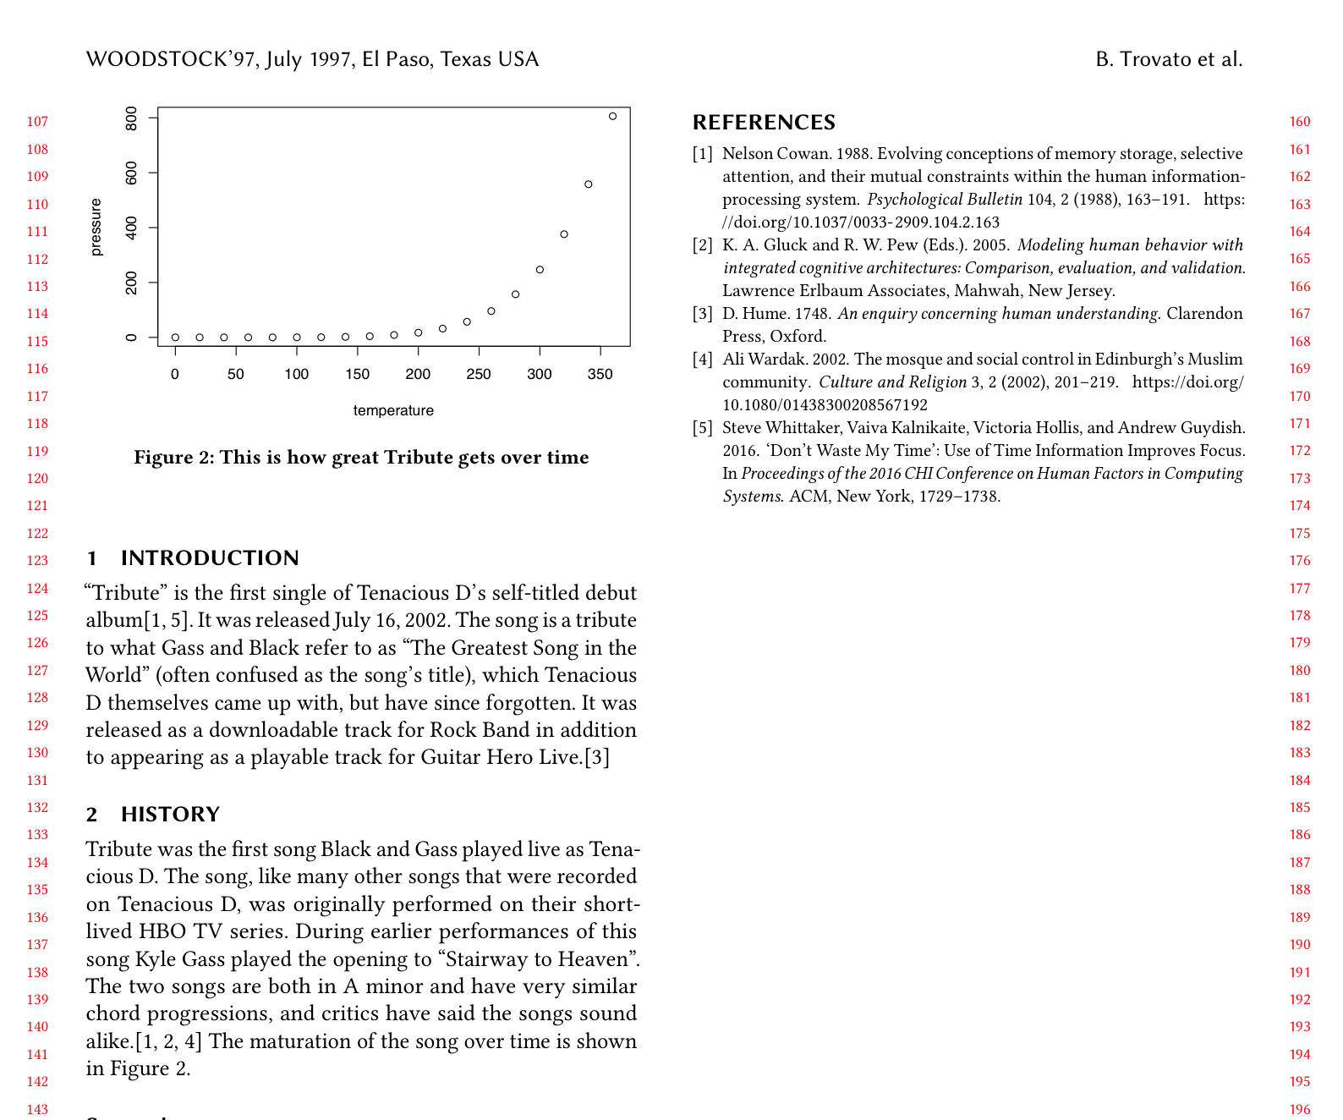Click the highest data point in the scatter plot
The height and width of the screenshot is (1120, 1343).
(613, 116)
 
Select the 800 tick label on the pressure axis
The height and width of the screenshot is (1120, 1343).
(131, 118)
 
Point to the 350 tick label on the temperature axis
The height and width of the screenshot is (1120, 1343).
(600, 374)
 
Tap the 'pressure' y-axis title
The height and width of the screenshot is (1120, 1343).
(96, 227)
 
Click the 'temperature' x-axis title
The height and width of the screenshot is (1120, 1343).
(393, 410)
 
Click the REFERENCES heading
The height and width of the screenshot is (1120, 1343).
(764, 123)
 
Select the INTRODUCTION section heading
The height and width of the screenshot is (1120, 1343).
(210, 558)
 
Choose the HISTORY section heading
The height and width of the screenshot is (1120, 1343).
(170, 815)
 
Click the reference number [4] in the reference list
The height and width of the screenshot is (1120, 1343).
(703, 360)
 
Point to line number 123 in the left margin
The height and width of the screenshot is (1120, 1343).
(37, 561)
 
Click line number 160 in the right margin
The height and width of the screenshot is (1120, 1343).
(1300, 122)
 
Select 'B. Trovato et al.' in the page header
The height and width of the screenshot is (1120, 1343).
(1169, 59)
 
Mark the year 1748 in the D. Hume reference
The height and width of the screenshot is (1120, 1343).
(812, 314)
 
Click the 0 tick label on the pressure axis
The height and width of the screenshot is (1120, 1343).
(131, 338)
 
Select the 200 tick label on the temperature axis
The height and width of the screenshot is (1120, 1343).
(418, 374)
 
